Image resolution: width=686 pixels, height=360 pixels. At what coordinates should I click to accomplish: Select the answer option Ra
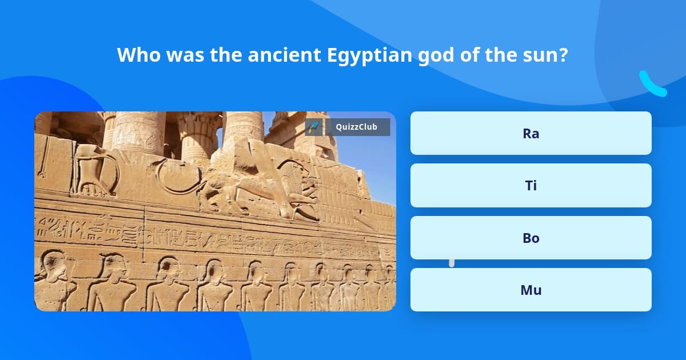point(531,133)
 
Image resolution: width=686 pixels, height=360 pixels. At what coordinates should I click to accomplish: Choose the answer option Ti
point(531,186)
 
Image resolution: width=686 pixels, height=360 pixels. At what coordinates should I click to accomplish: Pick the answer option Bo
point(531,238)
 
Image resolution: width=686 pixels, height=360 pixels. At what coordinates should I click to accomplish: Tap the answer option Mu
point(531,290)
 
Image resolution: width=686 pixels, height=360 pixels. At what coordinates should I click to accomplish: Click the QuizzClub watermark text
point(356,127)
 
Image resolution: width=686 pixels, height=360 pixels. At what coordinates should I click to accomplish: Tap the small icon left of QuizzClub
point(313,127)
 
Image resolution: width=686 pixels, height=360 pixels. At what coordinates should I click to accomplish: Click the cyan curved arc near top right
point(652,85)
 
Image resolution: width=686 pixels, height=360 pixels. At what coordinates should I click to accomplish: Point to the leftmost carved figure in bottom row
point(53,280)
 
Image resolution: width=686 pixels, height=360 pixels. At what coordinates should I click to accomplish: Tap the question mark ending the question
point(564,55)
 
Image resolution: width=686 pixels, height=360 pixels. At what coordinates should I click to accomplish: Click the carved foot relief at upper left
point(91,171)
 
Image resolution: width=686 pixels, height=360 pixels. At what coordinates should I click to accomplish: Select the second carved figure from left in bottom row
point(111,283)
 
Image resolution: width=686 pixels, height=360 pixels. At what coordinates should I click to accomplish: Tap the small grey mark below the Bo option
point(452,263)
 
